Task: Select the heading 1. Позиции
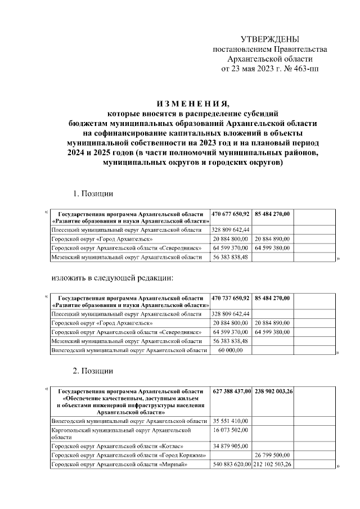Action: [93, 194]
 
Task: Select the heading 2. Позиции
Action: [93, 371]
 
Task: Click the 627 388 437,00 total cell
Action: [232, 391]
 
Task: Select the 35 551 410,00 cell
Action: [231, 420]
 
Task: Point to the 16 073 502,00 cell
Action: [231, 430]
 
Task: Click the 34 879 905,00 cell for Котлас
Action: [231, 446]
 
